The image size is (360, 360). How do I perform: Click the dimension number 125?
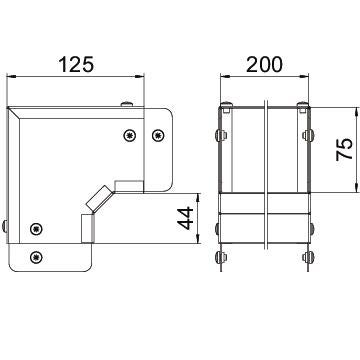(76, 64)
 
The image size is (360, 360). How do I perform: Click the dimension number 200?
(264, 64)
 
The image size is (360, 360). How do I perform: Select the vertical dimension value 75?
(345, 149)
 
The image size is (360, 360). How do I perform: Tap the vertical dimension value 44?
(185, 218)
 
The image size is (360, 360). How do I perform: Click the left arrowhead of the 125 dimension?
(12, 77)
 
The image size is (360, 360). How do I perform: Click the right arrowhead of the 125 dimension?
(139, 77)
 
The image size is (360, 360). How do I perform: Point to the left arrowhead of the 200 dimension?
(225, 77)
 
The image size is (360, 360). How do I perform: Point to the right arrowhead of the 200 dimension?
(304, 77)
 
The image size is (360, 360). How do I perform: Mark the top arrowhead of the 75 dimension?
(356, 112)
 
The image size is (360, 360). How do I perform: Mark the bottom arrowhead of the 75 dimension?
(356, 188)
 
